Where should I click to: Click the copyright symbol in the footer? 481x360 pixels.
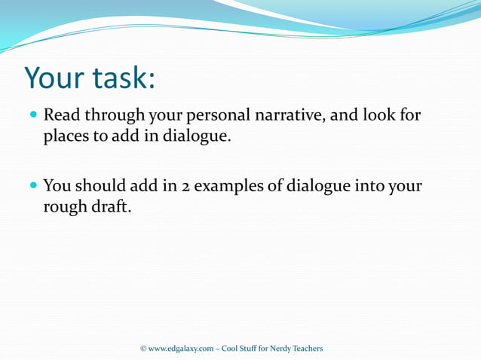[x=145, y=348]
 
